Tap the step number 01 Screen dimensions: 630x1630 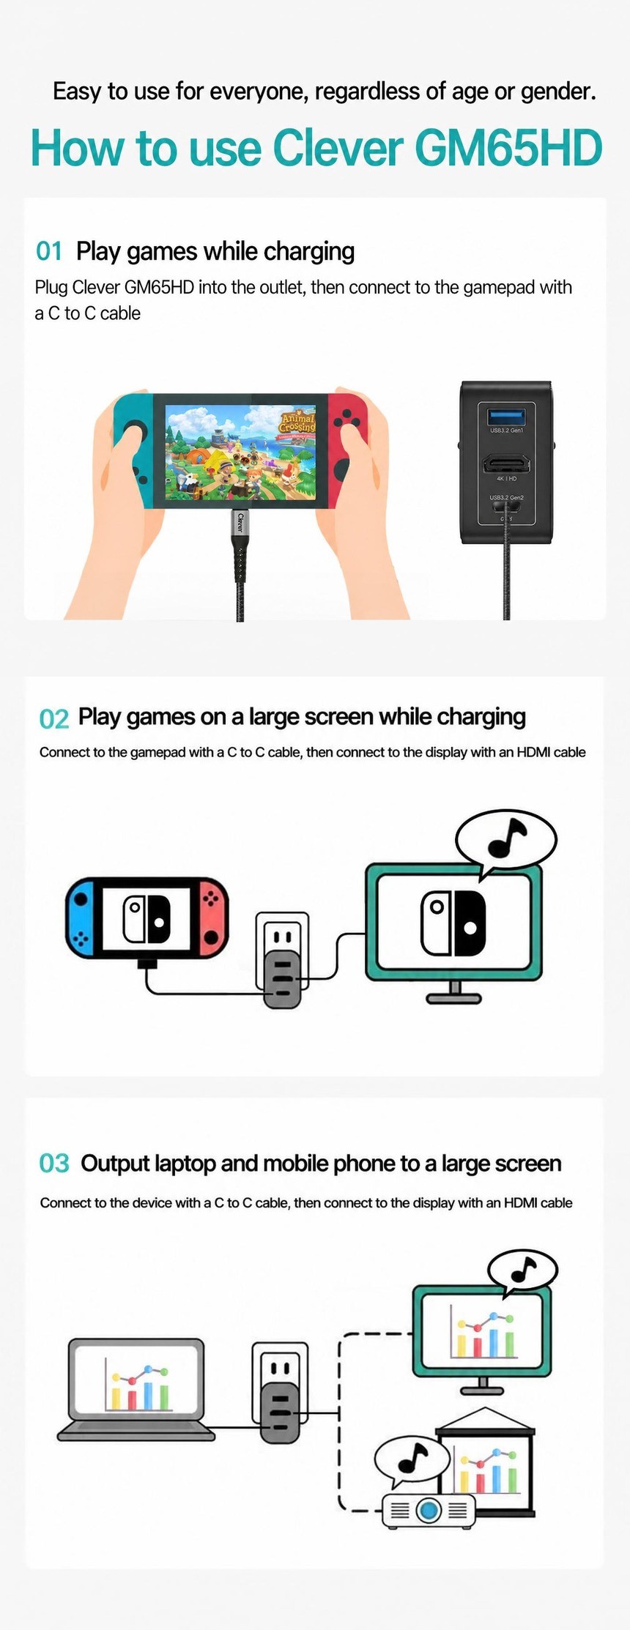click(x=49, y=251)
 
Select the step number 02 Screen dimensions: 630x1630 click(x=54, y=718)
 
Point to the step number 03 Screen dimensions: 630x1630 click(x=54, y=1163)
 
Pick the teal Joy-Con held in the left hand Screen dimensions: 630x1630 click(x=133, y=450)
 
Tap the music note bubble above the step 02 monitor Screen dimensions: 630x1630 click(x=506, y=841)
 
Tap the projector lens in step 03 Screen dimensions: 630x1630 click(x=429, y=1509)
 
